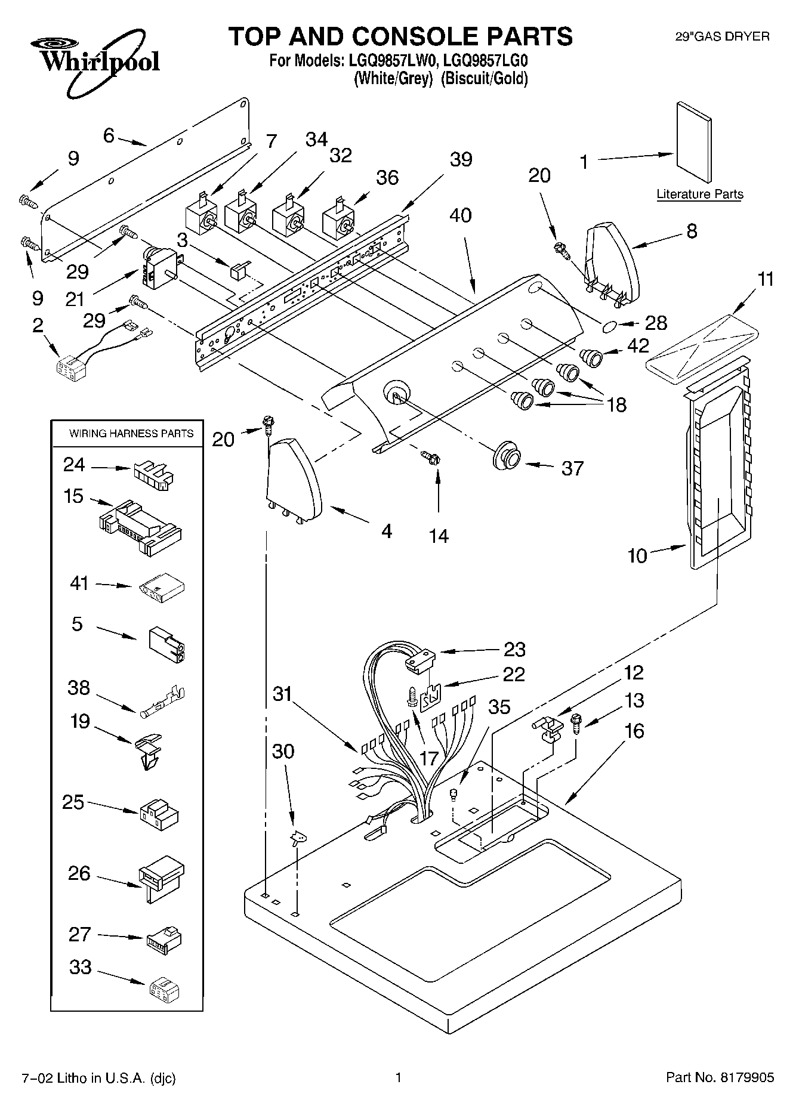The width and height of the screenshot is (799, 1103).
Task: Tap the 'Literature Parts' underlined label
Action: pyautogui.click(x=700, y=194)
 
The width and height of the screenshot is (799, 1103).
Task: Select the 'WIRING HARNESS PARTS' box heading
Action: pyautogui.click(x=131, y=434)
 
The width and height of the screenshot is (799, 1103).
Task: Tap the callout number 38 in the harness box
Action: pyautogui.click(x=79, y=688)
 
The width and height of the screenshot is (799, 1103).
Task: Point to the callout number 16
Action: pyautogui.click(x=634, y=730)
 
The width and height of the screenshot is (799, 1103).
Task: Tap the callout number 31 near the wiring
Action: pyautogui.click(x=283, y=694)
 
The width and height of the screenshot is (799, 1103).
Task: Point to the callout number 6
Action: pyautogui.click(x=109, y=135)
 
